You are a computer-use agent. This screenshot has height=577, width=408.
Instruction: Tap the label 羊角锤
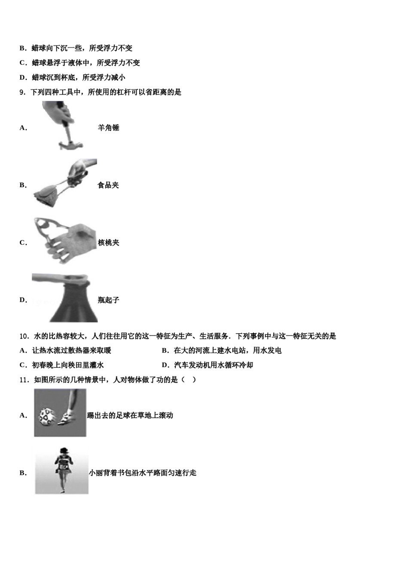pyautogui.click(x=108, y=128)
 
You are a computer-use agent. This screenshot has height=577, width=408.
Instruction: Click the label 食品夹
pyautogui.click(x=108, y=185)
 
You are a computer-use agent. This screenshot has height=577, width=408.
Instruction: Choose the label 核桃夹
pyautogui.click(x=108, y=243)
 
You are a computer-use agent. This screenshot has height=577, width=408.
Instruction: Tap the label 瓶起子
pyautogui.click(x=108, y=300)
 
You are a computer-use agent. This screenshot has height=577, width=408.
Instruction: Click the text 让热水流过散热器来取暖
pyautogui.click(x=71, y=351)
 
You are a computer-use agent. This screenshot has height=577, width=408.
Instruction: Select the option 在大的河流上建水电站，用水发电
pyautogui.click(x=228, y=351)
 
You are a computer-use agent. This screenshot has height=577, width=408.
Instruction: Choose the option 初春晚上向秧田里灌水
pyautogui.click(x=68, y=365)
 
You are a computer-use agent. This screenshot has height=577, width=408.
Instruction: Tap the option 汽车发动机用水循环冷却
pyautogui.click(x=213, y=365)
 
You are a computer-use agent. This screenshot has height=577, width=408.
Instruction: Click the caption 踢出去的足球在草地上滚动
pyautogui.click(x=130, y=415)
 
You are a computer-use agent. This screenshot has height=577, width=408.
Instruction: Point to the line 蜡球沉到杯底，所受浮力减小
pyautogui.click(x=78, y=77)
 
